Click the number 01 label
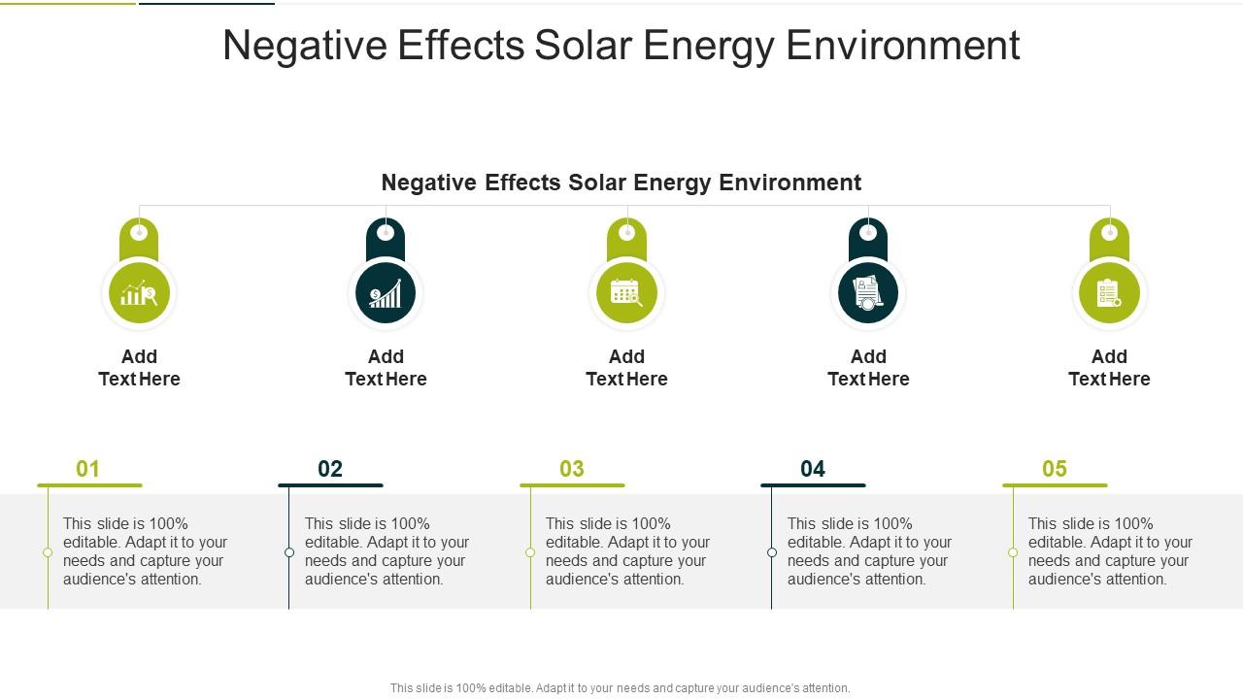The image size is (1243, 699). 88,469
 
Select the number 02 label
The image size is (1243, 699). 330,469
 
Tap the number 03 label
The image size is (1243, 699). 572,469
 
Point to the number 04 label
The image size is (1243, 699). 813,469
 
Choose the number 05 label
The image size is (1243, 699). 1055,469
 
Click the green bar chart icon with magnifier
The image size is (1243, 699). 139,292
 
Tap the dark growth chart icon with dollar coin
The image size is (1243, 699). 386,292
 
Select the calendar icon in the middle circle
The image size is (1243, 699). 626,292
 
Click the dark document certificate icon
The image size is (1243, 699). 868,292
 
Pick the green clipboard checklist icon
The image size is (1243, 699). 1109,292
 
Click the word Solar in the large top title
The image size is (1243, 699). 580,46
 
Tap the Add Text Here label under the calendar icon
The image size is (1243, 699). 626,368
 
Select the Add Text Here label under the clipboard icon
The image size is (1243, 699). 1109,368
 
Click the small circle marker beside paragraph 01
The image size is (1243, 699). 48,552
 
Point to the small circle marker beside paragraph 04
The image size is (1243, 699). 772,552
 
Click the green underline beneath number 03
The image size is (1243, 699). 572,484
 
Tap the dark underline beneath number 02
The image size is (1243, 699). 330,484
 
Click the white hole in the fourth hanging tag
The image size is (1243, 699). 868,232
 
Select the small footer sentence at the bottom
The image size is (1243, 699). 620,688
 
